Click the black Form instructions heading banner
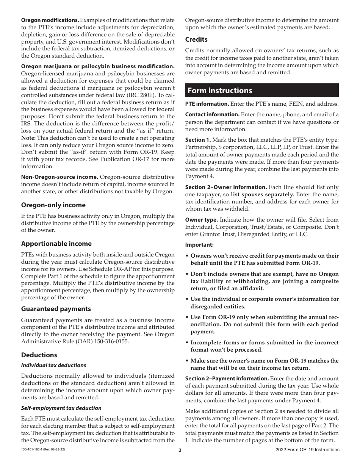[261, 91]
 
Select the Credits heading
[196, 39]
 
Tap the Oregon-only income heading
[53, 205]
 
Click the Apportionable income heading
[56, 244]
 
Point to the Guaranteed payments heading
[56, 309]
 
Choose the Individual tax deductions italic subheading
[53, 365]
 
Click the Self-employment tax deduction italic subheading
[61, 408]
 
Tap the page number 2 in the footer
[180, 450]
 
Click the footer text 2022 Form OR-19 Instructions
[307, 450]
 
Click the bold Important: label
[199, 245]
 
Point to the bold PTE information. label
[207, 104]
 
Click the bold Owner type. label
[201, 220]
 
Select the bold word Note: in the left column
[28, 138]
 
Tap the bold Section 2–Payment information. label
[227, 378]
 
